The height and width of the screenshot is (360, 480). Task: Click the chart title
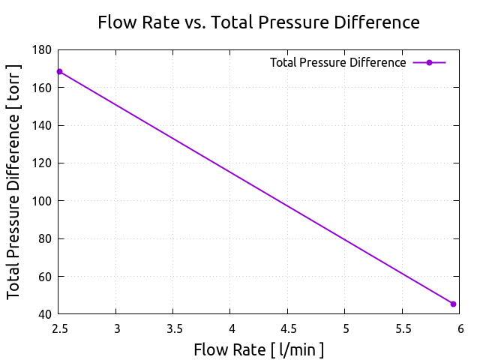tap(259, 22)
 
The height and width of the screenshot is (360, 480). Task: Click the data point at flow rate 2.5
tap(59, 72)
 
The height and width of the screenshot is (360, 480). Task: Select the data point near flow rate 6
tap(453, 304)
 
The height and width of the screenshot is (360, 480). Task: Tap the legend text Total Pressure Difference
tap(337, 63)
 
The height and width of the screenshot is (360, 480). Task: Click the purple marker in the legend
tap(429, 63)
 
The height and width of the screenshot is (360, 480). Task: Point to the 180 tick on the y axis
tap(43, 50)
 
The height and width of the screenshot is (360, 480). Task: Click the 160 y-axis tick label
tap(43, 88)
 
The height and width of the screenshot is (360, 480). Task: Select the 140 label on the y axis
tap(43, 125)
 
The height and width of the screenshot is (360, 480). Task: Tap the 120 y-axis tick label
tap(43, 163)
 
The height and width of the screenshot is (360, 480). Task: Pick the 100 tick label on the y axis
tap(43, 201)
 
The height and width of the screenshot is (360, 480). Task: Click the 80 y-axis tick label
tap(46, 238)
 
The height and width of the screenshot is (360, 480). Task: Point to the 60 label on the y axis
tap(46, 277)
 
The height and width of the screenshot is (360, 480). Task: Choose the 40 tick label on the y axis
tap(46, 314)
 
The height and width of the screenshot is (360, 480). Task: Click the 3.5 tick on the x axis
tap(173, 328)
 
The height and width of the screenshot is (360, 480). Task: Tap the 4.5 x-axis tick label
tap(288, 328)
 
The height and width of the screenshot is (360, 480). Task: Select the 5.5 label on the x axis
tap(402, 328)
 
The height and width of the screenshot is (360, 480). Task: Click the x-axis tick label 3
tap(116, 328)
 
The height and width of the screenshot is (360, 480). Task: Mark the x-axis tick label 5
tap(345, 328)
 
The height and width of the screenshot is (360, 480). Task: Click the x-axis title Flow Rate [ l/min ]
tap(259, 349)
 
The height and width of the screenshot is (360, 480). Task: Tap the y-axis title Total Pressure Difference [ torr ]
tap(14, 182)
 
